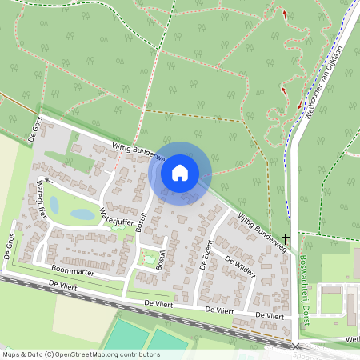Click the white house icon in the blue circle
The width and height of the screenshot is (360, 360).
[180, 173]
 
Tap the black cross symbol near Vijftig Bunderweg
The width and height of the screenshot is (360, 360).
[285, 238]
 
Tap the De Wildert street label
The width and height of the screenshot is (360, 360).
[239, 267]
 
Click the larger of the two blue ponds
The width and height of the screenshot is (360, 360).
[82, 214]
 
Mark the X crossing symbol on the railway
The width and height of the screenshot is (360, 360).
[296, 346]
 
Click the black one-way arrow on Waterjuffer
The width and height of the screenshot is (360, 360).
[47, 182]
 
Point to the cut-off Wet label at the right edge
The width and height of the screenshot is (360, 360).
[353, 339]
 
